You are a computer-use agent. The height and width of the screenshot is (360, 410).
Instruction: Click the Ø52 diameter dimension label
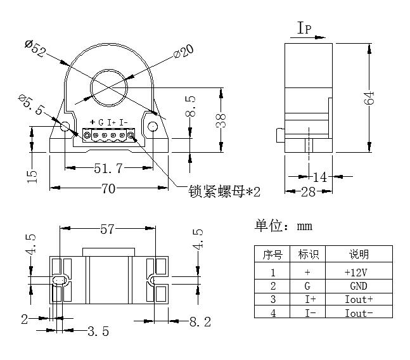pyautogui.click(x=35, y=48)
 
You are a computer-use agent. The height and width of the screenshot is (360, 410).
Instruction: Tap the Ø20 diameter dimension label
pyautogui.click(x=183, y=53)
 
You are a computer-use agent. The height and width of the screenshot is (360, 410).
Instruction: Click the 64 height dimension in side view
pyautogui.click(x=370, y=97)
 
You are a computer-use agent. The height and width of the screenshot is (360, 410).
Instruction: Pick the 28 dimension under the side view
pyautogui.click(x=308, y=191)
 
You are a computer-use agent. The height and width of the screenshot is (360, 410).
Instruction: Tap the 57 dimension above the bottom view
pyautogui.click(x=107, y=229)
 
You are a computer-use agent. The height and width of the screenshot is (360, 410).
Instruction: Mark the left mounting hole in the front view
pyautogui.click(x=65, y=127)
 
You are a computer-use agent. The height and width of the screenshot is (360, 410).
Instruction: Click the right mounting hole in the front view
pyautogui.click(x=153, y=127)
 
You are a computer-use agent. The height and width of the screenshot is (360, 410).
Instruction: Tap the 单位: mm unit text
pyautogui.click(x=283, y=226)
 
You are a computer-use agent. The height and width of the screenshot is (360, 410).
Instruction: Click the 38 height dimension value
pyautogui.click(x=221, y=120)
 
